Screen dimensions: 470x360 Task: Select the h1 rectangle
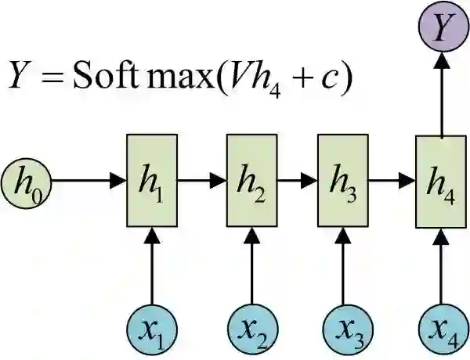(x=151, y=180)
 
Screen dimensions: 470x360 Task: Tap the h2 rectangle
(x=251, y=180)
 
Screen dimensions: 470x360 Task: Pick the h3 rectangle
(x=342, y=180)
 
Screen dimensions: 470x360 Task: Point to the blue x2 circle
(x=252, y=328)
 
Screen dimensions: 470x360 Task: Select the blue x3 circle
(x=342, y=328)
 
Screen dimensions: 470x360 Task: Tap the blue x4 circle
(x=441, y=328)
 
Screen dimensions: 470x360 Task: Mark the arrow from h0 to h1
(x=87, y=180)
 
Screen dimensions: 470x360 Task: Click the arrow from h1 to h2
(x=201, y=180)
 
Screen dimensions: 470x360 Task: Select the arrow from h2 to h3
(x=297, y=180)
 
